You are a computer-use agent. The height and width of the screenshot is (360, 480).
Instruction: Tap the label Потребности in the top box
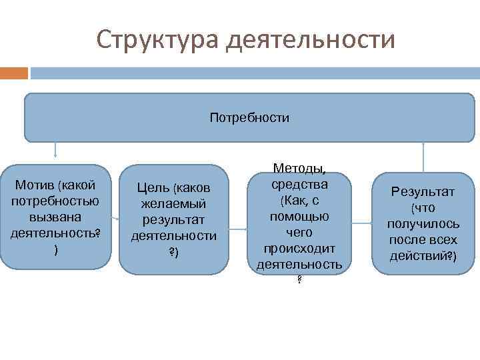click(249, 118)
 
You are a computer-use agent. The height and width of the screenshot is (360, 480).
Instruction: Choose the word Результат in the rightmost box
click(423, 192)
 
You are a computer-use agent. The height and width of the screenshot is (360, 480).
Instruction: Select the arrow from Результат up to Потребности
click(423, 157)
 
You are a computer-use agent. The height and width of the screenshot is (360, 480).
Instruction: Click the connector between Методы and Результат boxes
click(361, 222)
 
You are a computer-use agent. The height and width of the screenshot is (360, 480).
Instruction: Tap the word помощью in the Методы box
click(299, 217)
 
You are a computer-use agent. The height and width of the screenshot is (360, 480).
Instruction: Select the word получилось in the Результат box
click(423, 224)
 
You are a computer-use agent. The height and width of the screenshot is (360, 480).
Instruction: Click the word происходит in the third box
click(299, 249)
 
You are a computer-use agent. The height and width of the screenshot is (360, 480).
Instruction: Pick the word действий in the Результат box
click(418, 255)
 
